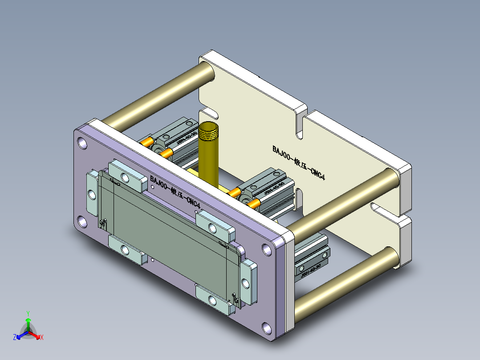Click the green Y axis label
tap(28, 313)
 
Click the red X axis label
tap(41, 338)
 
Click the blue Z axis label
tap(15, 337)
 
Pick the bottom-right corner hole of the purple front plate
tap(267, 328)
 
